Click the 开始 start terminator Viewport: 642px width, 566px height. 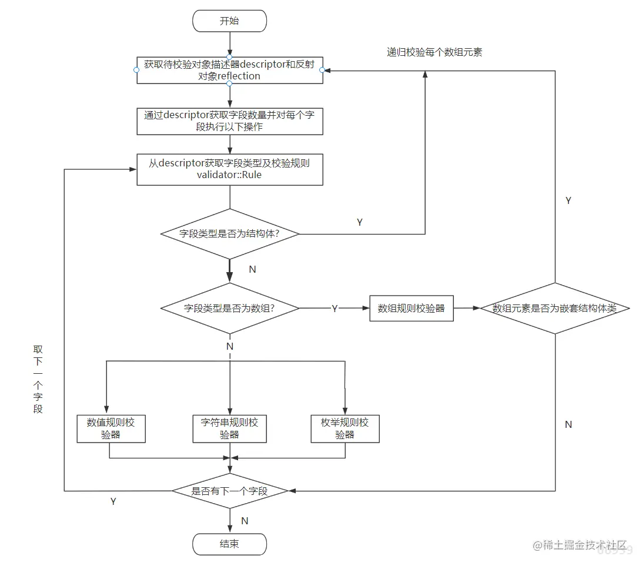229,21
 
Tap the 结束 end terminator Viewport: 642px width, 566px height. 229,544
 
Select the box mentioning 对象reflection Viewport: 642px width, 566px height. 229,70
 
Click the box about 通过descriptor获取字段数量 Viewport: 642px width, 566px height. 229,120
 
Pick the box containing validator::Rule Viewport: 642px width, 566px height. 229,169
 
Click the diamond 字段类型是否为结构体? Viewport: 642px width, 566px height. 229,233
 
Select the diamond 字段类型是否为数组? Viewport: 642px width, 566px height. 229,308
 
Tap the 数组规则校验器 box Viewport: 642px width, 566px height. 412,308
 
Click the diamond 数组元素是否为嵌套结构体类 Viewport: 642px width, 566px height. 555,308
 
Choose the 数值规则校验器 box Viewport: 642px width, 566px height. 111,428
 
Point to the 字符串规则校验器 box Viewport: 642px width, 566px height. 229,428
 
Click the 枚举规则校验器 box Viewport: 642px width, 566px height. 345,428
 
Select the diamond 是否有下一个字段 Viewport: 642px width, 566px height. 229,491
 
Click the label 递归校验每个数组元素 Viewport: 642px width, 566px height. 434,52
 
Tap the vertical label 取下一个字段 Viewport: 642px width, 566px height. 38,379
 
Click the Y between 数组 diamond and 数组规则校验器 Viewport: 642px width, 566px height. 335,309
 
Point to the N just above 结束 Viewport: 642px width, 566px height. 245,521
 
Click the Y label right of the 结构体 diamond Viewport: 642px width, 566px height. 360,223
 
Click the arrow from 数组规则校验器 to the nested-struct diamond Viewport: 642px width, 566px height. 467,308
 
